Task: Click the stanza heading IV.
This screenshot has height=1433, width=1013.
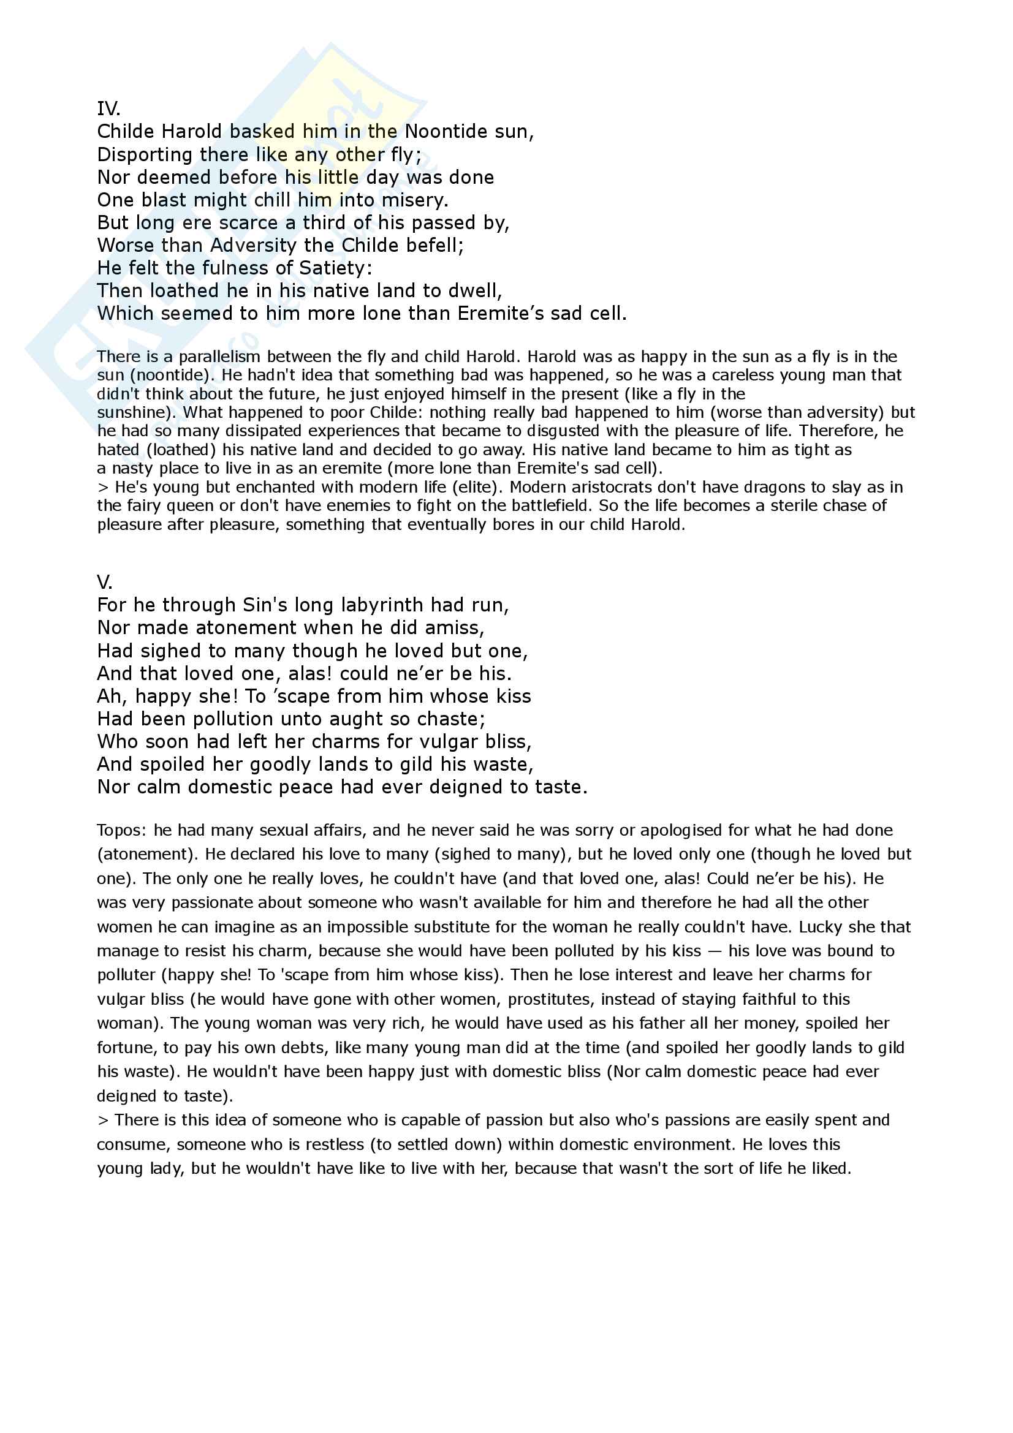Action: coord(108,109)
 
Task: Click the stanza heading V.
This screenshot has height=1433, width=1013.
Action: coord(104,582)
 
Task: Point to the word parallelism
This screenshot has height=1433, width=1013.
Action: coord(224,357)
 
